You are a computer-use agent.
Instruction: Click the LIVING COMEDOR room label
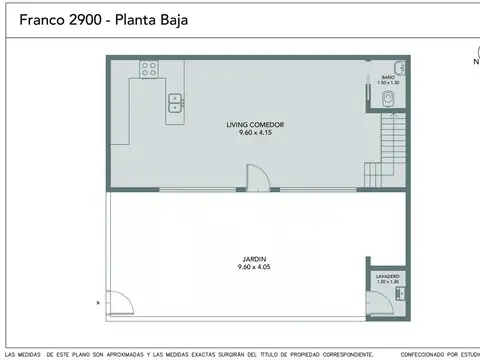coord(255,125)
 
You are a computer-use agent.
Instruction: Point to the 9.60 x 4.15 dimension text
coord(255,132)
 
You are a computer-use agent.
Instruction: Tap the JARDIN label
coord(254,259)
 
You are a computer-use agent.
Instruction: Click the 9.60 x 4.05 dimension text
coord(254,267)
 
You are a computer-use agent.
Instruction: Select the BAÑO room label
coord(388,77)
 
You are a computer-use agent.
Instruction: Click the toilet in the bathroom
coord(390,98)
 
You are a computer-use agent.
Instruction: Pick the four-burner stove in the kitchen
coord(150,69)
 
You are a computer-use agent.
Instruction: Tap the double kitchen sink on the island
coord(175,99)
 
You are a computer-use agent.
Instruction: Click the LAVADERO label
coord(388,275)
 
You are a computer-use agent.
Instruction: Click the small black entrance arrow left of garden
coord(97,301)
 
